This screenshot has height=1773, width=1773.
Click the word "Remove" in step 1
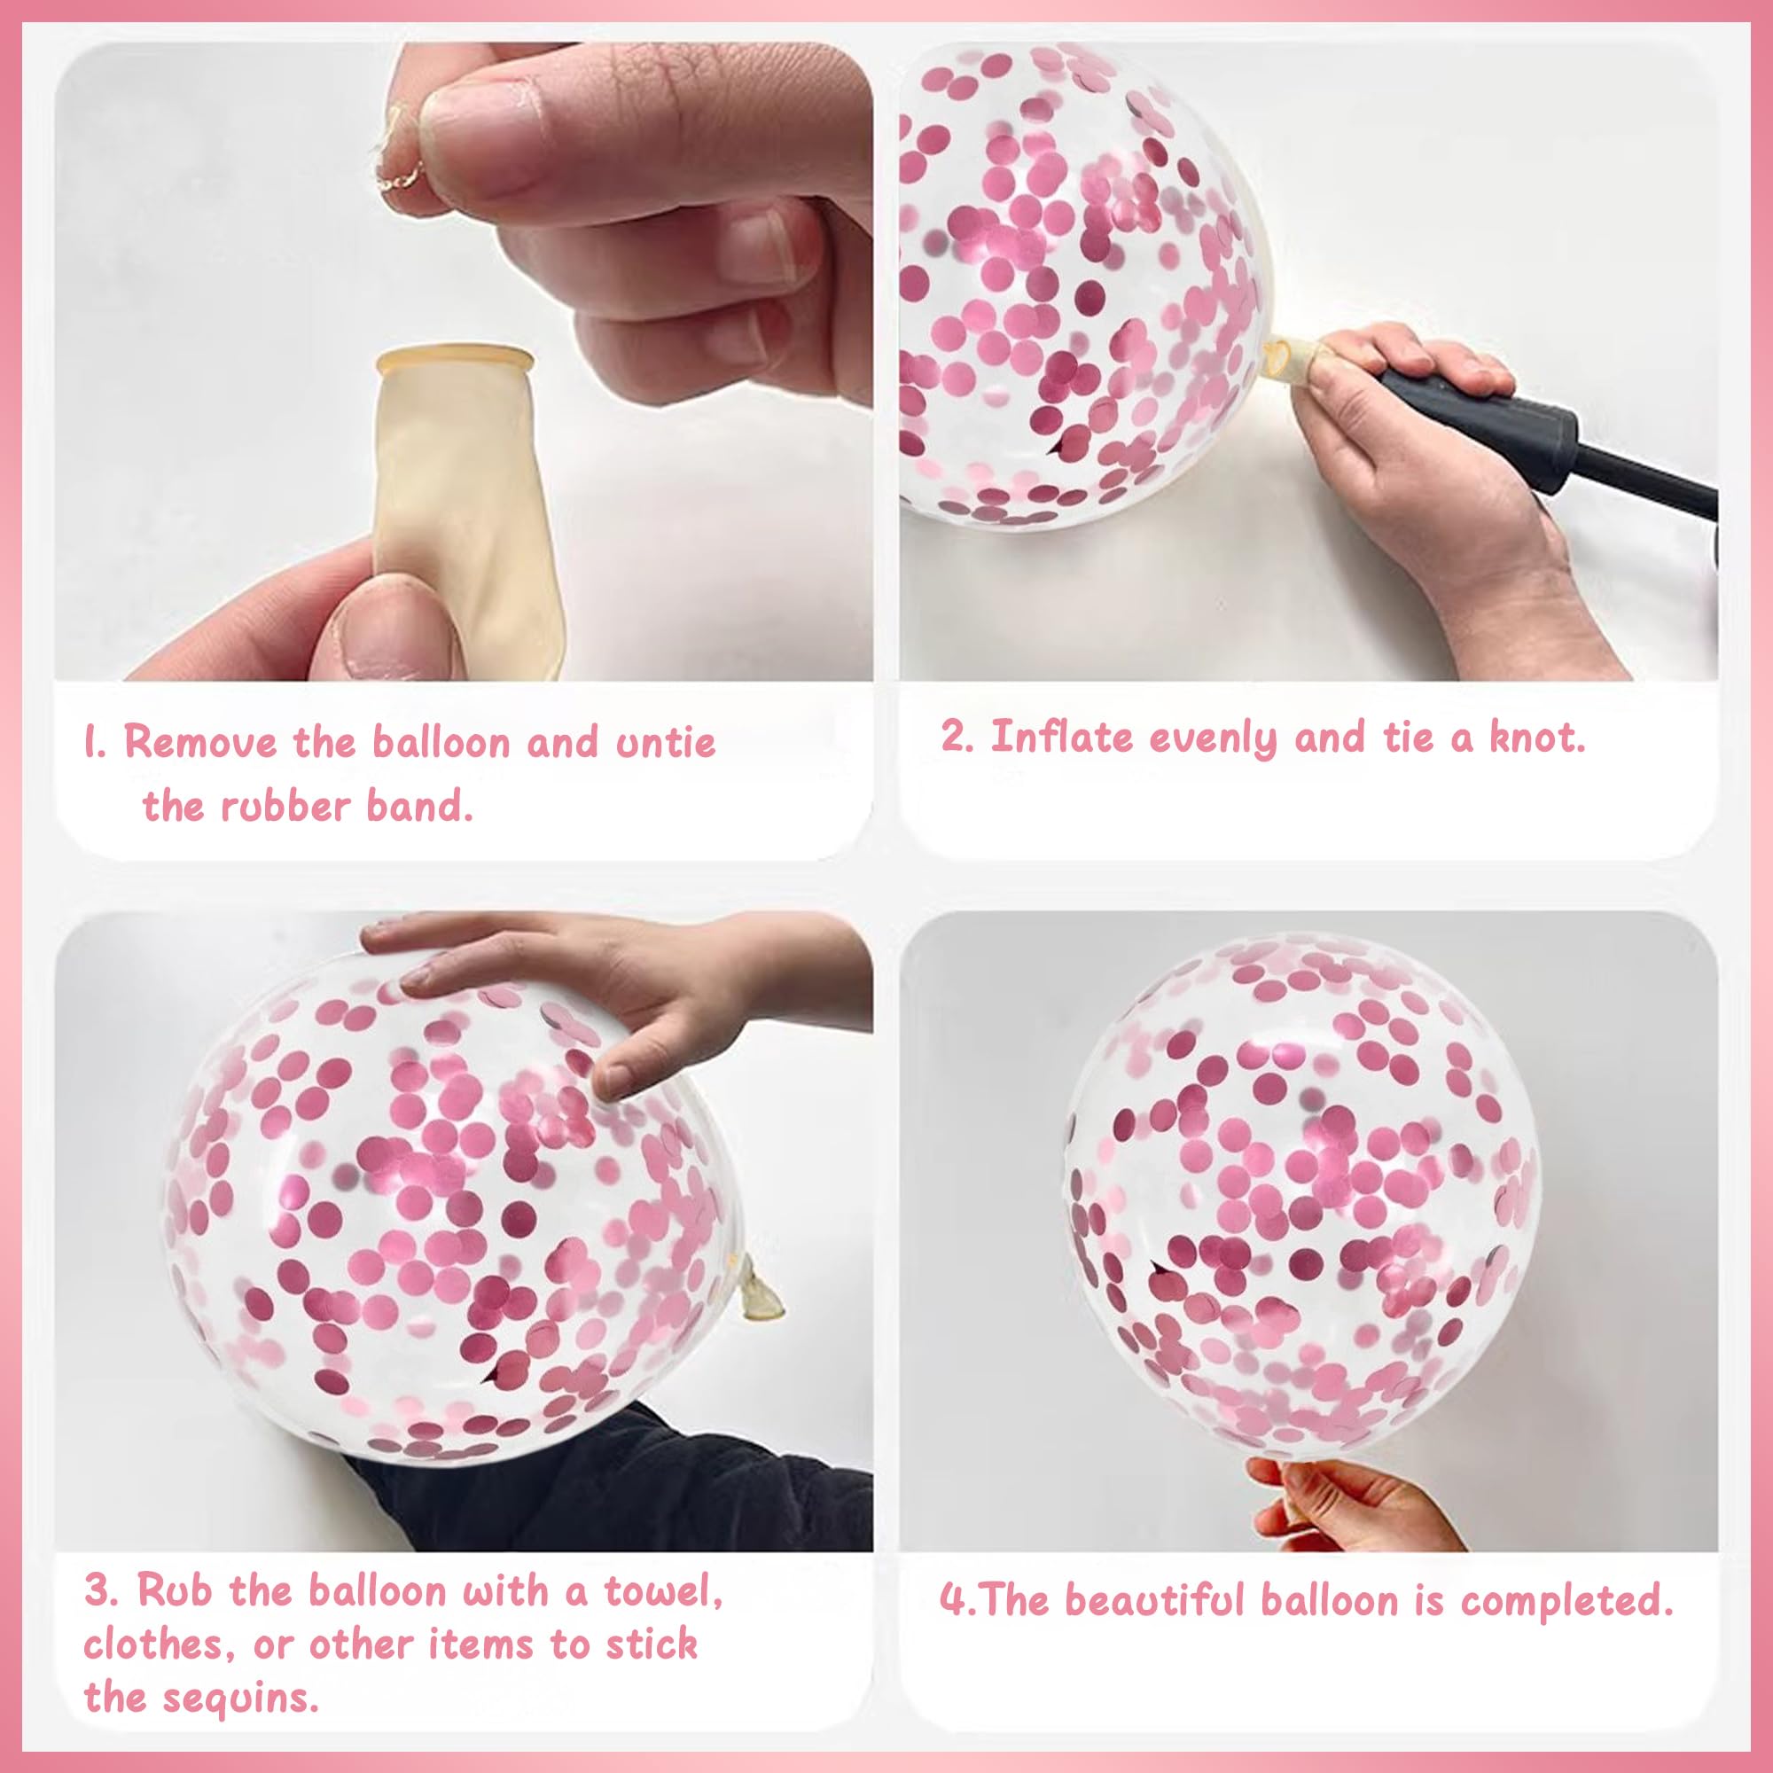tap(200, 741)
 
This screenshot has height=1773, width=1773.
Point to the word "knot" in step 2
tap(1536, 737)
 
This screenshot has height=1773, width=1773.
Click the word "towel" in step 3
tap(662, 1591)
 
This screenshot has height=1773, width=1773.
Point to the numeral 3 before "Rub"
tap(98, 1591)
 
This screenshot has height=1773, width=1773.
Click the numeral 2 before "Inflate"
tap(955, 738)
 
